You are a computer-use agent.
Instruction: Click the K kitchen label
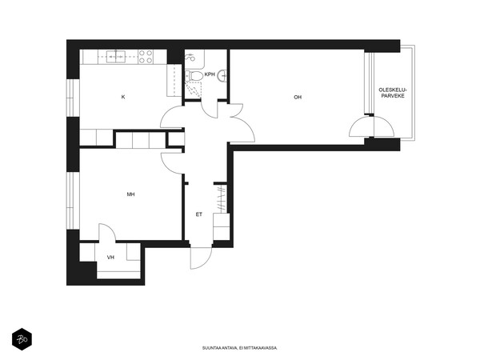pyautogui.click(x=123, y=97)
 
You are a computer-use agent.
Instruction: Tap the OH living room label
pyautogui.click(x=298, y=97)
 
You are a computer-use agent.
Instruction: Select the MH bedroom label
pyautogui.click(x=130, y=194)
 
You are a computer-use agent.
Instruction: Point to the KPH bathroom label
pyautogui.click(x=210, y=74)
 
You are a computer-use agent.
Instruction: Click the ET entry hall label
pyautogui.click(x=199, y=214)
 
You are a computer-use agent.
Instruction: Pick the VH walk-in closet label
pyautogui.click(x=110, y=258)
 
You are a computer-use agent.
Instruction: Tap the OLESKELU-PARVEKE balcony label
pyautogui.click(x=393, y=93)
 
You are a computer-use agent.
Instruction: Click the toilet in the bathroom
pyautogui.click(x=194, y=76)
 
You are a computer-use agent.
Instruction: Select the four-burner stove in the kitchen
pyautogui.click(x=146, y=57)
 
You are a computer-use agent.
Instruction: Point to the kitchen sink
pyautogui.click(x=116, y=57)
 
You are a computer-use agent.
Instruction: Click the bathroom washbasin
pyautogui.click(x=222, y=76)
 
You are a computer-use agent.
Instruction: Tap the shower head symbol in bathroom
pyautogui.click(x=190, y=58)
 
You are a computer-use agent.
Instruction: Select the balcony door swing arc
pyautogui.click(x=372, y=126)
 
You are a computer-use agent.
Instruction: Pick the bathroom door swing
pyautogui.click(x=210, y=110)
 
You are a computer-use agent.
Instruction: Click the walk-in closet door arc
pyautogui.click(x=107, y=234)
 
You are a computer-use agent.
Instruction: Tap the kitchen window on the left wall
pyautogui.click(x=73, y=98)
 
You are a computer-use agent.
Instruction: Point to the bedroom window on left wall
pyautogui.click(x=73, y=201)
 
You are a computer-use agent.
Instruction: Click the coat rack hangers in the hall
pyautogui.click(x=221, y=198)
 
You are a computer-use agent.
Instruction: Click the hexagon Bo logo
pyautogui.click(x=22, y=339)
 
